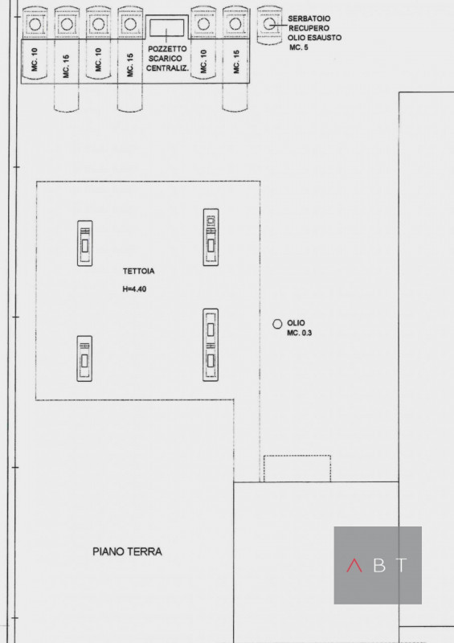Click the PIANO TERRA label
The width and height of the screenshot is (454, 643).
click(x=127, y=551)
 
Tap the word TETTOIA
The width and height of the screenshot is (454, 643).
click(x=139, y=271)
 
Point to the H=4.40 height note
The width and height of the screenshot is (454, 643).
click(x=134, y=289)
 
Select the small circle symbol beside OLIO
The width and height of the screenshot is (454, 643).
click(x=277, y=324)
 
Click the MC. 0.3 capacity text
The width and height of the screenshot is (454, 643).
click(x=300, y=333)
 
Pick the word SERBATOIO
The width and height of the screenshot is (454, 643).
click(x=309, y=18)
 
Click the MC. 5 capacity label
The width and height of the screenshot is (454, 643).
click(x=299, y=47)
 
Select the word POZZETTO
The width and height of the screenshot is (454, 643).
click(x=167, y=49)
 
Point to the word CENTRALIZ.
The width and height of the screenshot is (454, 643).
click(x=167, y=68)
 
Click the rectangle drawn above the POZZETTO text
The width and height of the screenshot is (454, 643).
click(x=166, y=27)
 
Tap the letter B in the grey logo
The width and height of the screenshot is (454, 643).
click(x=379, y=565)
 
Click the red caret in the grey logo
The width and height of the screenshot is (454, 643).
click(x=354, y=565)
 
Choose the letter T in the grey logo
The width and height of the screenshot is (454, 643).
click(x=402, y=565)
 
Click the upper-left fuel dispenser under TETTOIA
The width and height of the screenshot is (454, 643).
click(x=85, y=244)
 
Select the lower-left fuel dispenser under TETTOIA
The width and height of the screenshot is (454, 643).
click(x=84, y=358)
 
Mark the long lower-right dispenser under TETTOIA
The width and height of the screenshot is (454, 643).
click(x=211, y=345)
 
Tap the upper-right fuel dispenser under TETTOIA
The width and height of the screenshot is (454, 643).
click(x=211, y=237)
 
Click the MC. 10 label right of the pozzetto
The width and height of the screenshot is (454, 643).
click(x=204, y=62)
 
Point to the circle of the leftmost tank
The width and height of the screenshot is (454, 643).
click(x=35, y=24)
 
